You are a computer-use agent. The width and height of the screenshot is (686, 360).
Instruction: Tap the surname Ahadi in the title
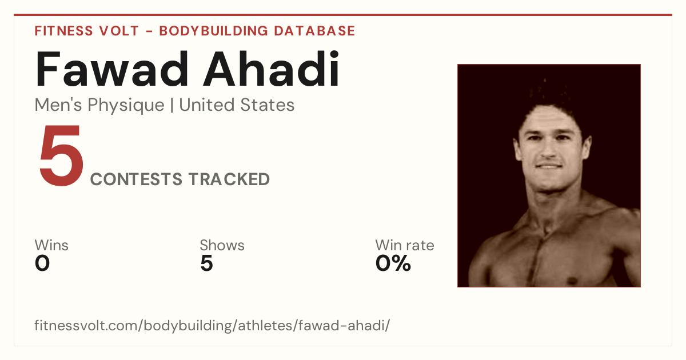[x=272, y=69]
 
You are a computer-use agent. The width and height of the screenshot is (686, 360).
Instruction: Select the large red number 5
[x=61, y=155]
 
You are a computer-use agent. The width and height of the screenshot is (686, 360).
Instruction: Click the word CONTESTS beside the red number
[x=136, y=179]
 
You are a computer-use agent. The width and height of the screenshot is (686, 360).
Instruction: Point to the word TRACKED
[x=229, y=179]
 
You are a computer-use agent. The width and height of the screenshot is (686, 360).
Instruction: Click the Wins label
[x=51, y=245]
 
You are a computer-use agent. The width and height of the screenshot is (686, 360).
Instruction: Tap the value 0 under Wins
[x=42, y=263]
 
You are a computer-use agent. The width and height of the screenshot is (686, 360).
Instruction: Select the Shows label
[x=222, y=245]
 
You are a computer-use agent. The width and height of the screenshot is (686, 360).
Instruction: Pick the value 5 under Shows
[x=207, y=263]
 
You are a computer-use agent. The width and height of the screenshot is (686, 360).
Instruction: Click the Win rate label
[x=405, y=245]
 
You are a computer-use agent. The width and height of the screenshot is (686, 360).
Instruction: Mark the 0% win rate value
[x=393, y=263]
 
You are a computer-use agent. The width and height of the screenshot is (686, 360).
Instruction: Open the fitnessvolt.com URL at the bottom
[x=212, y=325]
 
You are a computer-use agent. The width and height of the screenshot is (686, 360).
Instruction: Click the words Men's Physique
[x=99, y=105]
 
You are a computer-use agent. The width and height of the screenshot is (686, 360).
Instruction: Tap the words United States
[x=237, y=105]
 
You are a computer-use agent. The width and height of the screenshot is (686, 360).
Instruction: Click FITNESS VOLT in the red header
[x=87, y=31]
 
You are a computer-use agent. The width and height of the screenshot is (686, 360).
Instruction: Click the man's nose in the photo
[x=548, y=151]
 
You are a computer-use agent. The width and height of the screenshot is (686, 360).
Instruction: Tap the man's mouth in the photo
[x=549, y=166]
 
